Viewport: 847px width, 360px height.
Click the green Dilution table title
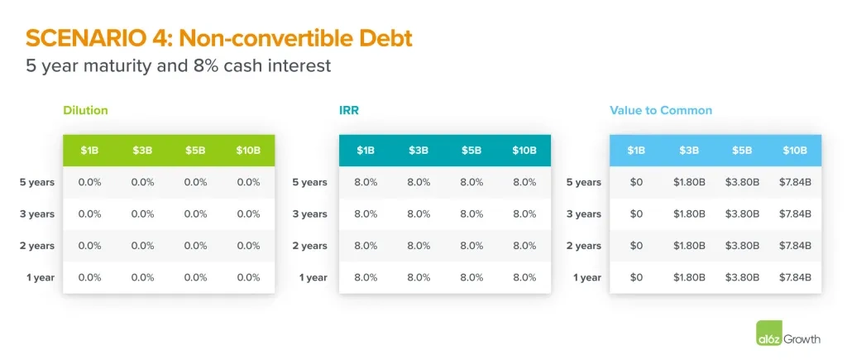[x=85, y=110]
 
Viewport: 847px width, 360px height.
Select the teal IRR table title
[x=349, y=110]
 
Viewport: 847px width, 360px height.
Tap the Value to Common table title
[x=661, y=110]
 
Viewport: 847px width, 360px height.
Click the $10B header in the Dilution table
[x=248, y=151]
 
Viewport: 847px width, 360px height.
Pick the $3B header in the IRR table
[x=418, y=151]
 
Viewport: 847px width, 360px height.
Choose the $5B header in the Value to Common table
[x=742, y=151]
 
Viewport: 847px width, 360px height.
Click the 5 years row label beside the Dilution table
[x=37, y=182]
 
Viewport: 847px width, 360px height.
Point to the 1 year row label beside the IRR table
[x=313, y=278]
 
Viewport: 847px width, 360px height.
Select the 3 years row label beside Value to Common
[x=583, y=214]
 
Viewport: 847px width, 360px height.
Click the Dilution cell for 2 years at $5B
[x=195, y=246]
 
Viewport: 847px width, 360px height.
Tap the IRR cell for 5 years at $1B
[x=366, y=182]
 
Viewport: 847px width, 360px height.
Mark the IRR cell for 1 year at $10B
[x=524, y=278]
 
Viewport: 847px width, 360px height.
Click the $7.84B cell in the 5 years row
[x=795, y=182]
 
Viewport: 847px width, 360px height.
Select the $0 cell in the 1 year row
[x=636, y=278]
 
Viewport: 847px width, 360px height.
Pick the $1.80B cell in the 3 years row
[x=689, y=214]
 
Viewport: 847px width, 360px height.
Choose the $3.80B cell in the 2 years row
[x=742, y=246]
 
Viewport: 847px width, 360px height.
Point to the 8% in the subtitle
[x=221, y=66]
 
